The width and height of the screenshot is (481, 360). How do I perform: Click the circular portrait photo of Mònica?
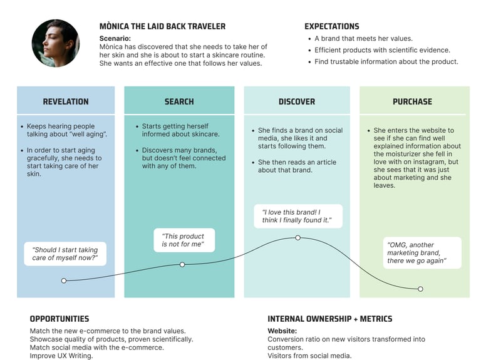pos(55,43)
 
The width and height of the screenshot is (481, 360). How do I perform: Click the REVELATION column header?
pos(66,101)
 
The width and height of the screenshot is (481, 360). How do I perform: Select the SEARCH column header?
pos(179,101)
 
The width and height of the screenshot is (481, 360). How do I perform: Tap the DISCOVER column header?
pos(297,101)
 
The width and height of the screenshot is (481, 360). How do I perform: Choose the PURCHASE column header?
pos(412,101)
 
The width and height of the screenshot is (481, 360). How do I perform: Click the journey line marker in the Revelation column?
pos(64,280)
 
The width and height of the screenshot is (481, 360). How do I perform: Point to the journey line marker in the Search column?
pos(182,264)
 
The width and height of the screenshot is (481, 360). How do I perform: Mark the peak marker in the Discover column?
pos(297,238)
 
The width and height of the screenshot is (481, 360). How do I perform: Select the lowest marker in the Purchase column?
pos(420,289)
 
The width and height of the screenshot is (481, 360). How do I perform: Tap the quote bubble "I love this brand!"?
pos(297,216)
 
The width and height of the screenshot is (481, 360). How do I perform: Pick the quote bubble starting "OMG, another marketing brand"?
pos(422,252)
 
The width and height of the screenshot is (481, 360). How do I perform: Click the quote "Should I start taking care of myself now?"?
pos(65,254)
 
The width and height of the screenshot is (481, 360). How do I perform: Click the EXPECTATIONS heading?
pos(332,26)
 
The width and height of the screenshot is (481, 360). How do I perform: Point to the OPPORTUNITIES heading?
pos(59,319)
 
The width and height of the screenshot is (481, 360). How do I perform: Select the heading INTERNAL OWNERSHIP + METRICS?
pos(329,319)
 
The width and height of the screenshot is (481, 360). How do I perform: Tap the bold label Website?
pos(282,331)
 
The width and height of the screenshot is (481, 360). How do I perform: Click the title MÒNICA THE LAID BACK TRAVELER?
pos(162,26)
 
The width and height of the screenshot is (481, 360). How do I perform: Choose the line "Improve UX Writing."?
pos(61,356)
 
